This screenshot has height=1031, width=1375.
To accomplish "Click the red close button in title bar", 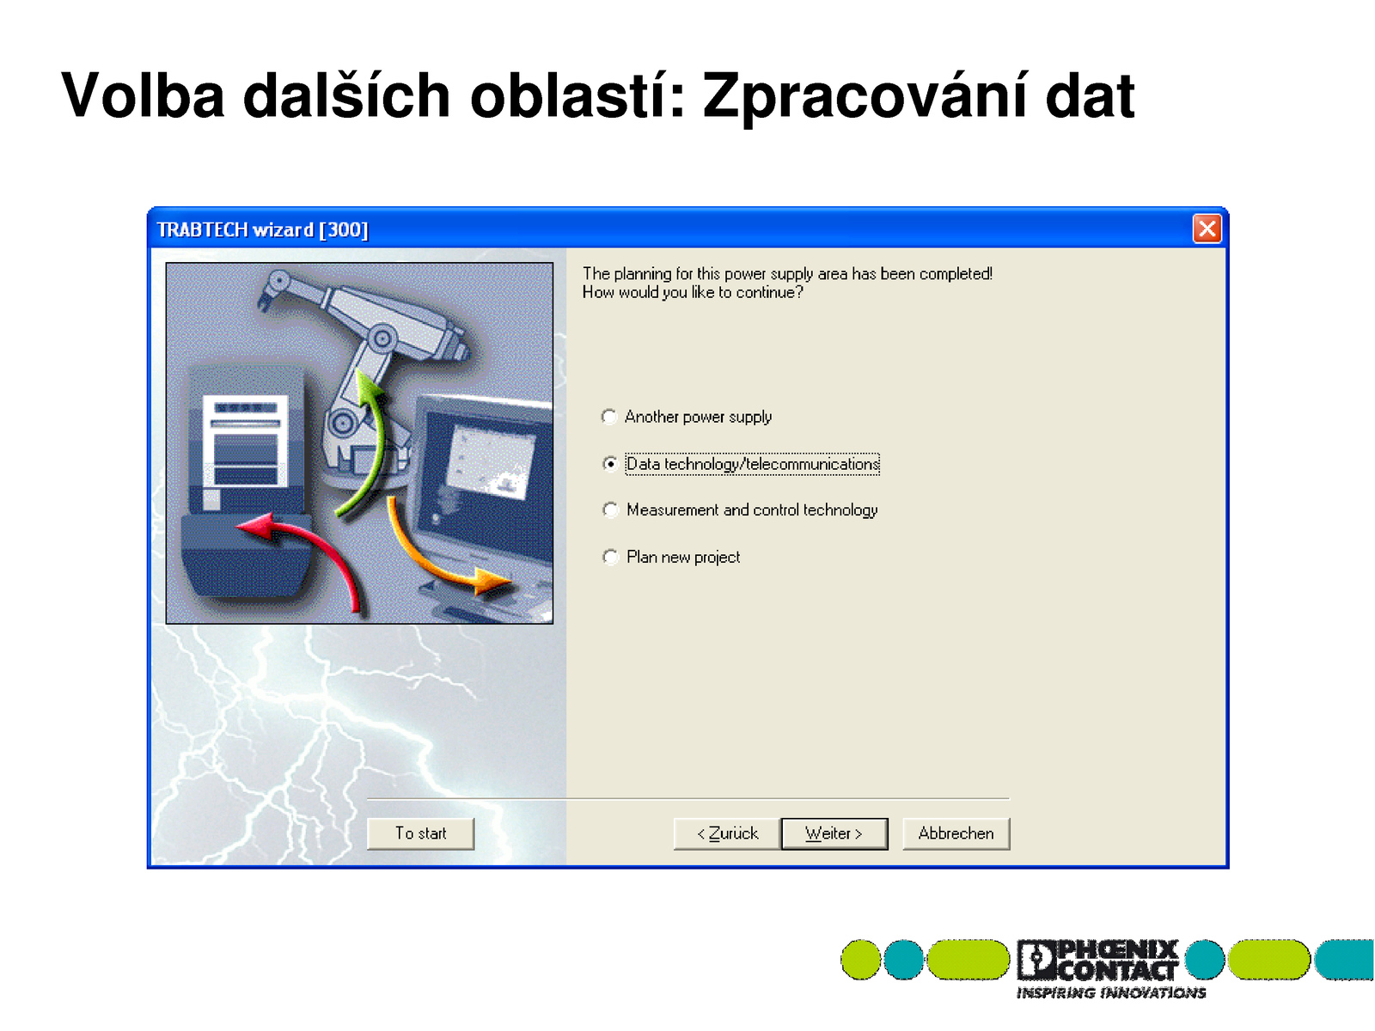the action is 1207,229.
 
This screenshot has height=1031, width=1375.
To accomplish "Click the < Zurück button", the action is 727,833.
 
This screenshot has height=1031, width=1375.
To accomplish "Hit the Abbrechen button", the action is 956,833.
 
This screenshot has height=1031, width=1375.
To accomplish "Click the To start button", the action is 420,833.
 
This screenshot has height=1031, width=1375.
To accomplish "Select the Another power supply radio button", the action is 609,417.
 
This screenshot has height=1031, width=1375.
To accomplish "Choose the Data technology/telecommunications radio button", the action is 609,464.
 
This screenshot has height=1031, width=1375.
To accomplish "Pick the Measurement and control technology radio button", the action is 609,509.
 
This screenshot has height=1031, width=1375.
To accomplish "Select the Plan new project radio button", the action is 609,557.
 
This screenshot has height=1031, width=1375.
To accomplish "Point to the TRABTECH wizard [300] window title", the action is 262,229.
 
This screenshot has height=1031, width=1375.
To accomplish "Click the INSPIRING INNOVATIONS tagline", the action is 1110,993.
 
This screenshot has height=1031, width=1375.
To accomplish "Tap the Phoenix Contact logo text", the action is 1097,960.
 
